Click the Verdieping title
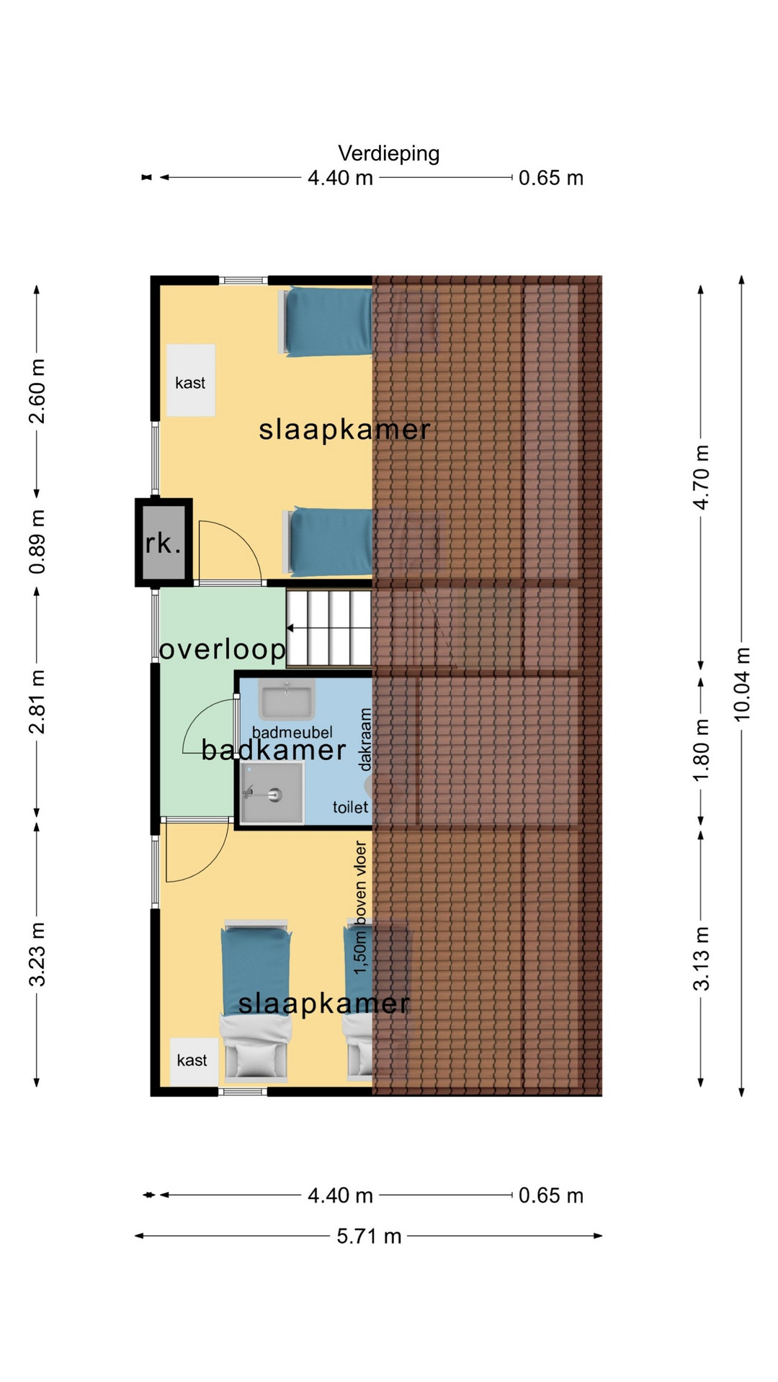point(388,154)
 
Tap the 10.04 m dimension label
point(742,684)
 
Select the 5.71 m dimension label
point(369,1236)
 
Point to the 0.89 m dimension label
point(37,542)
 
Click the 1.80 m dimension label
point(701,750)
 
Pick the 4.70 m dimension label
point(701,477)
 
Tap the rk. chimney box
point(164,543)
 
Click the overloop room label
point(223,649)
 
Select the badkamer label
point(274,750)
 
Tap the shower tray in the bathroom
point(272,792)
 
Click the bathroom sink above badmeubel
point(287,699)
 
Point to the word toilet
point(350,808)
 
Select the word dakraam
point(365,739)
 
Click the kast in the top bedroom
point(191,380)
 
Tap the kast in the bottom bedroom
point(194,1062)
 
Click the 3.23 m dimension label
point(37,954)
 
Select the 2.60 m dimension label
point(37,392)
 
